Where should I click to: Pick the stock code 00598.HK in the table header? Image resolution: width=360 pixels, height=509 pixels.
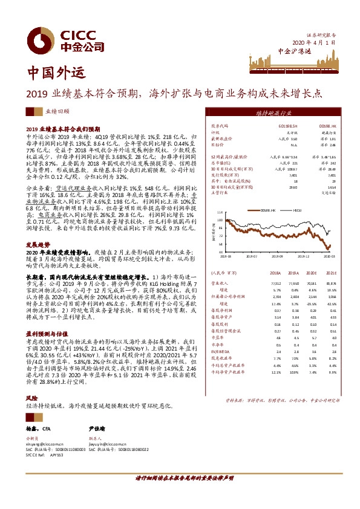click(x=327, y=125)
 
